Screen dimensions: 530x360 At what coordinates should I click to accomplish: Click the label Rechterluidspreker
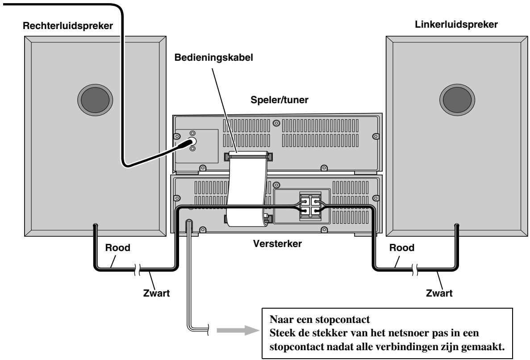67,26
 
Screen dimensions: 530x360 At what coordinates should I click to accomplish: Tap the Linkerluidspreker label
456,25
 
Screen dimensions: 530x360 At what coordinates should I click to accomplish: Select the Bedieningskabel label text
213,58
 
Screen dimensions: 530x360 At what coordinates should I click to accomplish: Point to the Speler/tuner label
279,100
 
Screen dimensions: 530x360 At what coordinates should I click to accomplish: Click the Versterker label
277,243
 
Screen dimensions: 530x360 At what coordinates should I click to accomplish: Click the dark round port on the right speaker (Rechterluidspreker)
95,100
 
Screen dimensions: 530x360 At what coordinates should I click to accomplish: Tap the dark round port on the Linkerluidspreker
457,100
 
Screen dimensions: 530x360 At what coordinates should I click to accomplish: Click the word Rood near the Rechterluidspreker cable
117,248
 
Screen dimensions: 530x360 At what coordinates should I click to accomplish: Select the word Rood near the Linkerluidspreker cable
401,248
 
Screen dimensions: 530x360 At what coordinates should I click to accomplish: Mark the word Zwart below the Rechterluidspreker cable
156,293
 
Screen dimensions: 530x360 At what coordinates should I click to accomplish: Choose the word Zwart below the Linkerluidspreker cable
439,293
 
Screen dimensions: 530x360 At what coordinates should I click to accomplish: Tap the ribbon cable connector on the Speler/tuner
248,156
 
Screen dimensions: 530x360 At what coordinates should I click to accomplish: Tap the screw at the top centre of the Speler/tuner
276,123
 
